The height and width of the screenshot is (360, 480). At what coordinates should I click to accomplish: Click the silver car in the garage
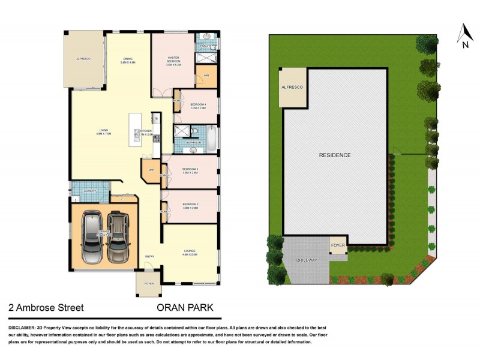click(94, 237)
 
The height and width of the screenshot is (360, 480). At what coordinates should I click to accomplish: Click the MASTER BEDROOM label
click(173, 61)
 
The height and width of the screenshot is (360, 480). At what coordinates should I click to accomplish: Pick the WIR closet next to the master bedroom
click(206, 76)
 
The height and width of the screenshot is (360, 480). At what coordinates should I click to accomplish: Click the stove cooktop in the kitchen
click(156, 139)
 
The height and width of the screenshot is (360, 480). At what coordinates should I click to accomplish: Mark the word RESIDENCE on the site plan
click(335, 155)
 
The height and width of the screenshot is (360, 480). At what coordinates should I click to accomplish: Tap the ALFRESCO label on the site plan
click(292, 88)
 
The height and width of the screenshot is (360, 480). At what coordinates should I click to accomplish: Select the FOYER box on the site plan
click(338, 245)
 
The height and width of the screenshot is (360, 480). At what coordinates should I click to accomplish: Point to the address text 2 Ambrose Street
click(46, 308)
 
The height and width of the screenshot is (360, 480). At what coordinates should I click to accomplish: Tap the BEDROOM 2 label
click(190, 206)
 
